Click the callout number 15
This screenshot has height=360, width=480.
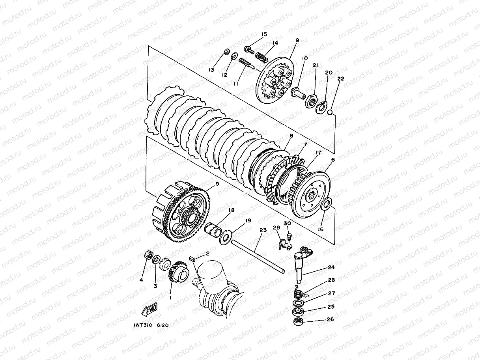click(x=264, y=34)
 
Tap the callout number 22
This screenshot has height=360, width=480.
click(x=340, y=79)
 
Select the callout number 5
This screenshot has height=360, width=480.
click(x=217, y=184)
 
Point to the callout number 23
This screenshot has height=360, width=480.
click(x=263, y=230)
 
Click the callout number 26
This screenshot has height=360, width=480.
click(x=330, y=319)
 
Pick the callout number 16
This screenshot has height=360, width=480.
click(x=321, y=229)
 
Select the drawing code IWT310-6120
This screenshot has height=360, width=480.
click(x=151, y=325)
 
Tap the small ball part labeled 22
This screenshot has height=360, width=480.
click(x=330, y=112)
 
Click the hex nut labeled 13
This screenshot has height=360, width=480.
click(x=227, y=52)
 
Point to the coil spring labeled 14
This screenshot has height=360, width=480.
click(x=261, y=57)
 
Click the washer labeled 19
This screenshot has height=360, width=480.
click(x=224, y=237)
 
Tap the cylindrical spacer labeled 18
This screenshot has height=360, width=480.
click(x=213, y=230)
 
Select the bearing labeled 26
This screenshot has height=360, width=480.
click(x=298, y=321)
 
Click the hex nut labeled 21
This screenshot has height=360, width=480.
click(x=311, y=101)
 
